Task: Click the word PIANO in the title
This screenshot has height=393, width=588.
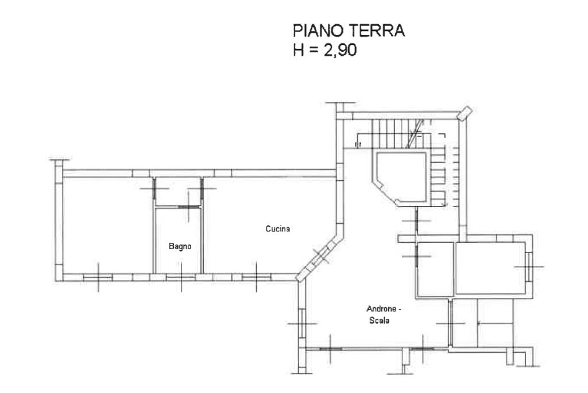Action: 316,31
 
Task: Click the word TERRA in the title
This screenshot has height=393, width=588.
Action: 375,31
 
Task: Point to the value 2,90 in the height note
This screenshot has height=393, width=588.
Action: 340,50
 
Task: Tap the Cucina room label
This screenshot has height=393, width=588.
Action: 277,229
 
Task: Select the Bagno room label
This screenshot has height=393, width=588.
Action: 180,246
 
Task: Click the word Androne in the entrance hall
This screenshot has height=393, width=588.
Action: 381,309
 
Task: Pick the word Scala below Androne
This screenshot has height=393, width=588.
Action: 379,320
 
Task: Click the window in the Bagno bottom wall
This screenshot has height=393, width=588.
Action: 181,278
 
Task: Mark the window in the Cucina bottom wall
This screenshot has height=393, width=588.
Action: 257,278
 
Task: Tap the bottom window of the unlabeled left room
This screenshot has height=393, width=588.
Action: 98,278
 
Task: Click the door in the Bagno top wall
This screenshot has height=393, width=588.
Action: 189,207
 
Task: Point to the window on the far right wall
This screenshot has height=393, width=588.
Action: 528,267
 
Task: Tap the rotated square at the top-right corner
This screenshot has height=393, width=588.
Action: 465,113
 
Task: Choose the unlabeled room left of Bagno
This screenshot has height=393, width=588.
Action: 108,224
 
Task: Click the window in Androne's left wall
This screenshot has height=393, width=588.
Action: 302,323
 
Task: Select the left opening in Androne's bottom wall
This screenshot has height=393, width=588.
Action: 331,349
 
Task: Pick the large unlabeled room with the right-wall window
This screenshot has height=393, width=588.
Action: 490,268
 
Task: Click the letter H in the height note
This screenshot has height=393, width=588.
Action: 299,50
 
